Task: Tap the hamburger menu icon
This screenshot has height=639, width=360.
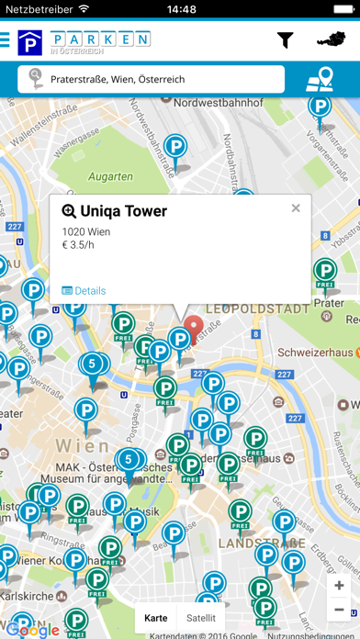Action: (6, 40)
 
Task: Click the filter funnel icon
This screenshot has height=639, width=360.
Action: (286, 40)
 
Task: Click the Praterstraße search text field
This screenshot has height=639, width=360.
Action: (152, 80)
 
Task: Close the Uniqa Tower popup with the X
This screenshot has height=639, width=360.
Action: (296, 208)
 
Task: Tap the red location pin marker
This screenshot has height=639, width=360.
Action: (194, 328)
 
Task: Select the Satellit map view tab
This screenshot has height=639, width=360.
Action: (200, 618)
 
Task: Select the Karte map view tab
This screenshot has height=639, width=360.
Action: (156, 618)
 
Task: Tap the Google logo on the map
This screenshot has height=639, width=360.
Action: (36, 630)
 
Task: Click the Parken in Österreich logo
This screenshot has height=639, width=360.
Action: (84, 41)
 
